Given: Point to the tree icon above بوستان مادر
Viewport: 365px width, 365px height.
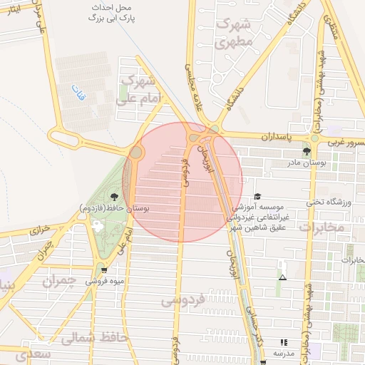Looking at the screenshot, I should point(307,151).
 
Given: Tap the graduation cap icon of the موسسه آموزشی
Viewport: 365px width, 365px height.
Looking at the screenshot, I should point(257,196).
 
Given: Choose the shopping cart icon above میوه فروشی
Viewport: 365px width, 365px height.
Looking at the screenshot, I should point(105,269).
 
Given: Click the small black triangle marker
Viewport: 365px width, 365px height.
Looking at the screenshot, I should point(282,277).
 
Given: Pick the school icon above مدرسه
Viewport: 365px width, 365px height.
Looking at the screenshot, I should point(284,342).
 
